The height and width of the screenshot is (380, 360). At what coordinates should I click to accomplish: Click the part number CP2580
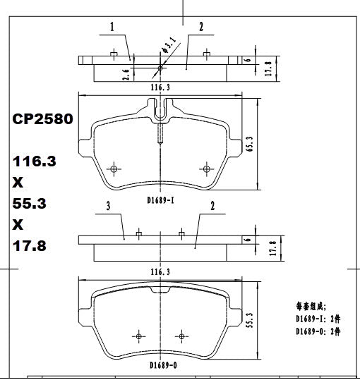pos(42,120)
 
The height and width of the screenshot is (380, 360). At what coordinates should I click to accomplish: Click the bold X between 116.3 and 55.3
pos(18,182)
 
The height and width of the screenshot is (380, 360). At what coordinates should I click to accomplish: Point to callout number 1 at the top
pos(112,27)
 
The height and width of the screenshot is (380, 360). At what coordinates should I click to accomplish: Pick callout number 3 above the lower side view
pos(108,206)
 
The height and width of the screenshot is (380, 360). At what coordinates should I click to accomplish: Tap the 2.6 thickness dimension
pos(125,73)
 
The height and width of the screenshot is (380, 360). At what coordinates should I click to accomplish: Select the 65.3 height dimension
pos(250,144)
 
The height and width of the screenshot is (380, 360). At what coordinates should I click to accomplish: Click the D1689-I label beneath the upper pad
pos(162,200)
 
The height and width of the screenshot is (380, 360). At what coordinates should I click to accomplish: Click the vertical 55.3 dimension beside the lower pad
pos(250,321)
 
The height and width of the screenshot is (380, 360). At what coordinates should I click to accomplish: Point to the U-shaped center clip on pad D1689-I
pos(161,110)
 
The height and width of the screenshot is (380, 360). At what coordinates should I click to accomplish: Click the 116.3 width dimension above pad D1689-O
pos(161,271)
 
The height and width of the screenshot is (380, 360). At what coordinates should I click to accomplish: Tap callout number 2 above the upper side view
pos(201,27)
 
